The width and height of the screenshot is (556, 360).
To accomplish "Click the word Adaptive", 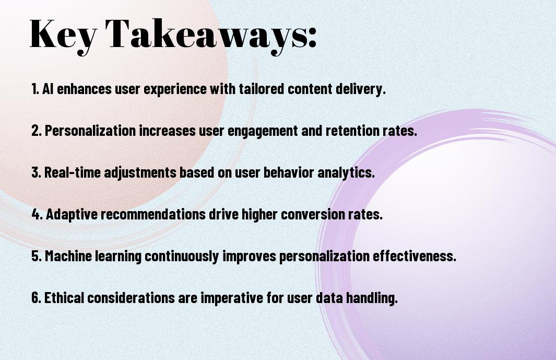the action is [x=72, y=215].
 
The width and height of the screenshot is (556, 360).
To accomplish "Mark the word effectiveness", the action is [x=414, y=256].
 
